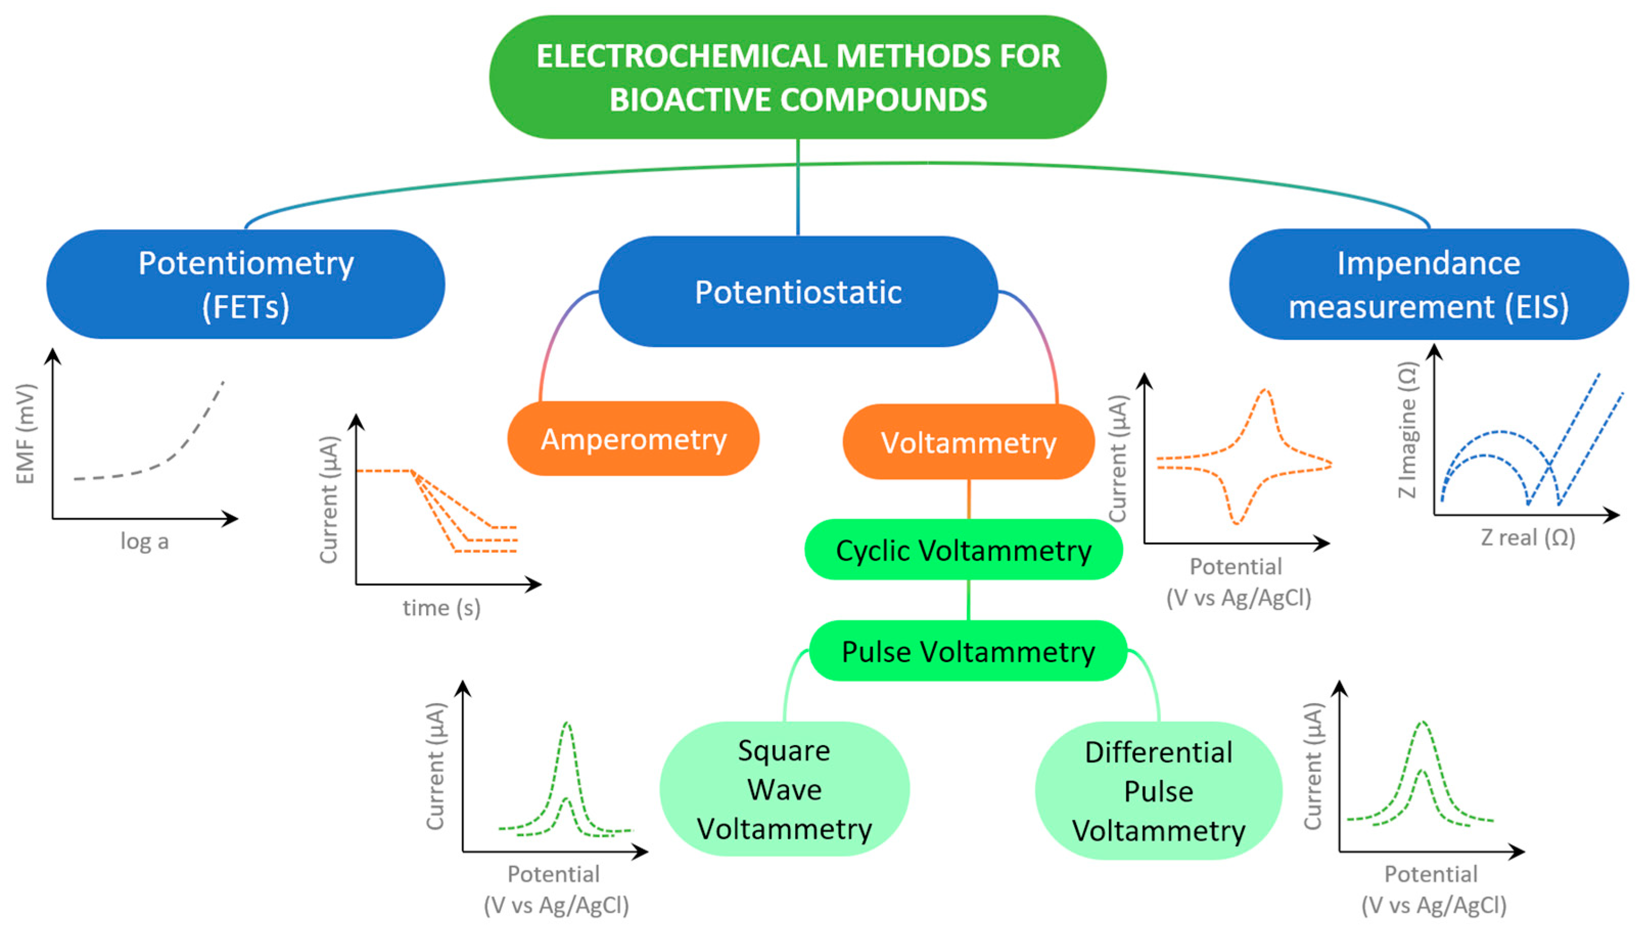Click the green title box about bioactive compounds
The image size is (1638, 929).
click(798, 77)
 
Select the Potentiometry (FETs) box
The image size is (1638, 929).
click(246, 285)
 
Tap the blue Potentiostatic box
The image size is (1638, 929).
click(798, 292)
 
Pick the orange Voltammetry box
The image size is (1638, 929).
click(968, 442)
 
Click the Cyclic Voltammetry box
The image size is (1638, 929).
click(963, 550)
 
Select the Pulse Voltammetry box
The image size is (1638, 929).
click(968, 652)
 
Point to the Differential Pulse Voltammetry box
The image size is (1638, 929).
click(1158, 791)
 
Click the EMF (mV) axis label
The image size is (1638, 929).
click(25, 434)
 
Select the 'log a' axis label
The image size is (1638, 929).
click(145, 541)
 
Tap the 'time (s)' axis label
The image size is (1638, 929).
click(441, 608)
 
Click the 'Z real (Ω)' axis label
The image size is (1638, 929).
click(1528, 537)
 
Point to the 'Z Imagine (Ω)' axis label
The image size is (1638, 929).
click(1407, 430)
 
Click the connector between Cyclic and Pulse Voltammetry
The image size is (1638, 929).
click(968, 600)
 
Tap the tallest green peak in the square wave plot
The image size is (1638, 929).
click(567, 724)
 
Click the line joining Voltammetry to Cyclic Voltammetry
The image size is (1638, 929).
click(969, 499)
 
